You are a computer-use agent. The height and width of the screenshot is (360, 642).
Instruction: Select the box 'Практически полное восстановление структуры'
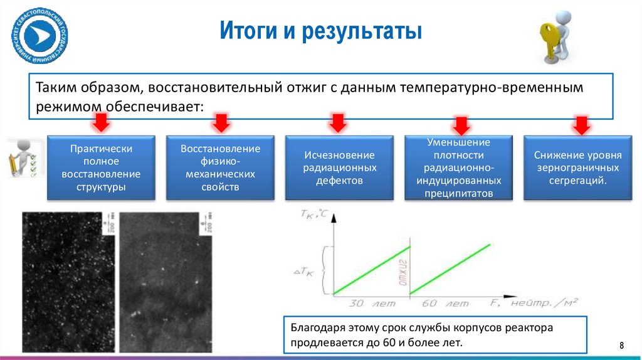102,167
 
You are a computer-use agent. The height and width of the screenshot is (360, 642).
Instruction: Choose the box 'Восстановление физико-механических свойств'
220,167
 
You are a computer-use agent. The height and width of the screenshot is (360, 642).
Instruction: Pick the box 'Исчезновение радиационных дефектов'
339,167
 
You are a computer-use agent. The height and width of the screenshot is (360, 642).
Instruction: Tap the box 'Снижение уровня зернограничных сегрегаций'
577,167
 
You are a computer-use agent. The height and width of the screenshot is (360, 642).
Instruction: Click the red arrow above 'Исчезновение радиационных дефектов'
339,122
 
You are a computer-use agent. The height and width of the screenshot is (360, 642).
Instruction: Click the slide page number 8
621,345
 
